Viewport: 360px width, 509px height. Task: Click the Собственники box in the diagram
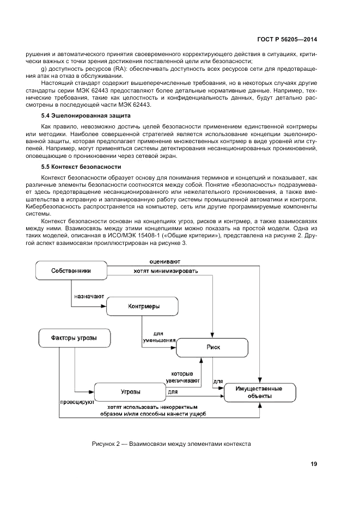71,271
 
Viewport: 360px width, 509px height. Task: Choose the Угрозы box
130,392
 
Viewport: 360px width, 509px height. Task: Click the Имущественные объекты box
260,393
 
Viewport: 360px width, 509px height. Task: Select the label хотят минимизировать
166,271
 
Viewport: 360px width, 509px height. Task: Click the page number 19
314,464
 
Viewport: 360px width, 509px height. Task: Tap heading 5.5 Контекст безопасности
81,166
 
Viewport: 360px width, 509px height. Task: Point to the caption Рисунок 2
171,444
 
